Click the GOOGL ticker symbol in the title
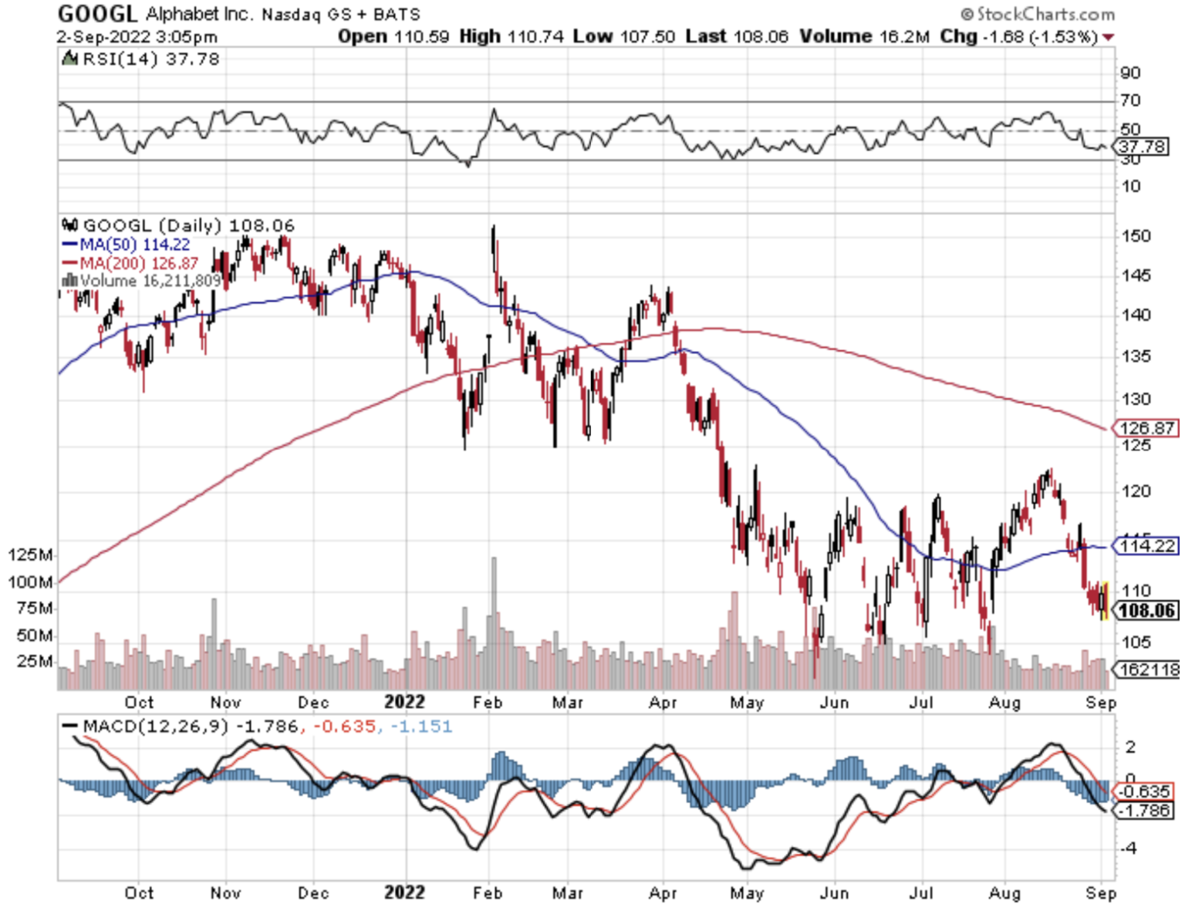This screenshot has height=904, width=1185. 97,13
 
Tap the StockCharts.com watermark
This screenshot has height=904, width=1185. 1038,14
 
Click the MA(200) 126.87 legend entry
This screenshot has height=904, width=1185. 138,263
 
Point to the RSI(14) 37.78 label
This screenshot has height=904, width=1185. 150,59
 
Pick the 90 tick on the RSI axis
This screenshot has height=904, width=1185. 1130,73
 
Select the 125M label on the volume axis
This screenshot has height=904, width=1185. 31,555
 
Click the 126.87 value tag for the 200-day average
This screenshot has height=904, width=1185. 1146,427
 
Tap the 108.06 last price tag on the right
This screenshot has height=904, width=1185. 1146,611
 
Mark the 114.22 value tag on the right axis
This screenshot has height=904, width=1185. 1147,546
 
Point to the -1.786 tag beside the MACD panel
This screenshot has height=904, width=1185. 1145,810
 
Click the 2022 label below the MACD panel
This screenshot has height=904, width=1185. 404,892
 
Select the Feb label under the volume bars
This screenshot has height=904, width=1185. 488,702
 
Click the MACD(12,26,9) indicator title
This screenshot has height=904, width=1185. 155,727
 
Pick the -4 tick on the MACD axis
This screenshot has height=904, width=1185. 1129,848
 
